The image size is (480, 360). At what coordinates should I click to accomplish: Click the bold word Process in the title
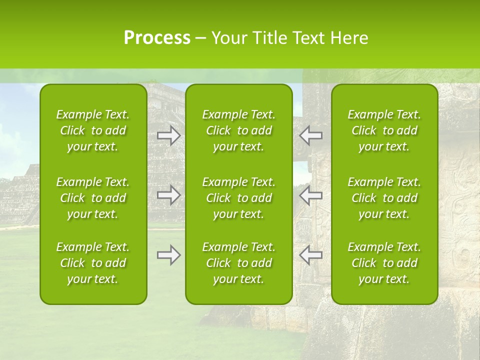pos(157,38)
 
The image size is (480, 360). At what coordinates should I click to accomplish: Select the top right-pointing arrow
pos(169,135)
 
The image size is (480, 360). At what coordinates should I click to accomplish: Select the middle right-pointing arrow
pos(169,195)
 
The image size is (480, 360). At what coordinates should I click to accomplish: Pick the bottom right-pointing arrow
pos(169,255)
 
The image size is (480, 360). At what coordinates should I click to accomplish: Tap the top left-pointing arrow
pos(311,135)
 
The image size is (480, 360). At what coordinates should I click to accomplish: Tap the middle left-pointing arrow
pos(311,195)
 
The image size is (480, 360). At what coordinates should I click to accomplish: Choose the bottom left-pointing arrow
pos(311,255)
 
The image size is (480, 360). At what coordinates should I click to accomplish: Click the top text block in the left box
pos(93,130)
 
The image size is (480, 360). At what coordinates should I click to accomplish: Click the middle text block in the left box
pos(93,198)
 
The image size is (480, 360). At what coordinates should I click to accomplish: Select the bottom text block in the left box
pos(93,263)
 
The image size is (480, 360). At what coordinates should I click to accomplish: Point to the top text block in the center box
pos(238,130)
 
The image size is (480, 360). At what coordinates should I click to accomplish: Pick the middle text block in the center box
pos(238,198)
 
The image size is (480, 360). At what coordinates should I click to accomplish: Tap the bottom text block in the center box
pos(238,263)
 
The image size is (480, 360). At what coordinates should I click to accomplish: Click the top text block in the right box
pos(384,130)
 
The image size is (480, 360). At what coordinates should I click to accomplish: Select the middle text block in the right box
pos(384,198)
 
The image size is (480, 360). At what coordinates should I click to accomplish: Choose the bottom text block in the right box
pos(384,263)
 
